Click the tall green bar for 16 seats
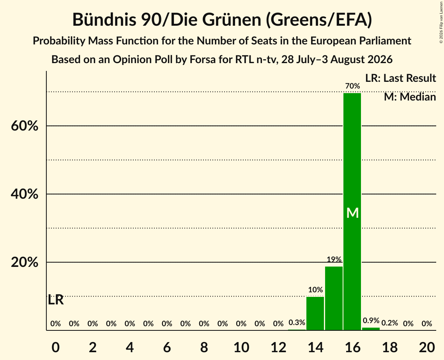pyautogui.click(x=352, y=212)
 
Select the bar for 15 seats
pyautogui.click(x=334, y=298)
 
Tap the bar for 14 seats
pyautogui.click(x=315, y=313)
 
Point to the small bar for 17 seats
pyautogui.click(x=371, y=329)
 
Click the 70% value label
pyautogui.click(x=352, y=86)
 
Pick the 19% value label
pyautogui.click(x=334, y=259)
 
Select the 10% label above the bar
pyautogui.click(x=315, y=289)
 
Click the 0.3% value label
pyautogui.click(x=297, y=322)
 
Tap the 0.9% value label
pyautogui.click(x=371, y=320)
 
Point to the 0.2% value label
pyautogui.click(x=390, y=323)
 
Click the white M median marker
pyautogui.click(x=352, y=213)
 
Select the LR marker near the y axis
pyautogui.click(x=56, y=300)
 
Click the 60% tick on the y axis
pyautogui.click(x=25, y=126)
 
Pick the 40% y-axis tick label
pyautogui.click(x=25, y=194)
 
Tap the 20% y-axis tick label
pyautogui.click(x=25, y=262)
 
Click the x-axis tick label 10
pyautogui.click(x=241, y=347)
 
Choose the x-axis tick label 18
pyautogui.click(x=390, y=347)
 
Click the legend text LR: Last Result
pyautogui.click(x=400, y=78)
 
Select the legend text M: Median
pyautogui.click(x=410, y=97)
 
